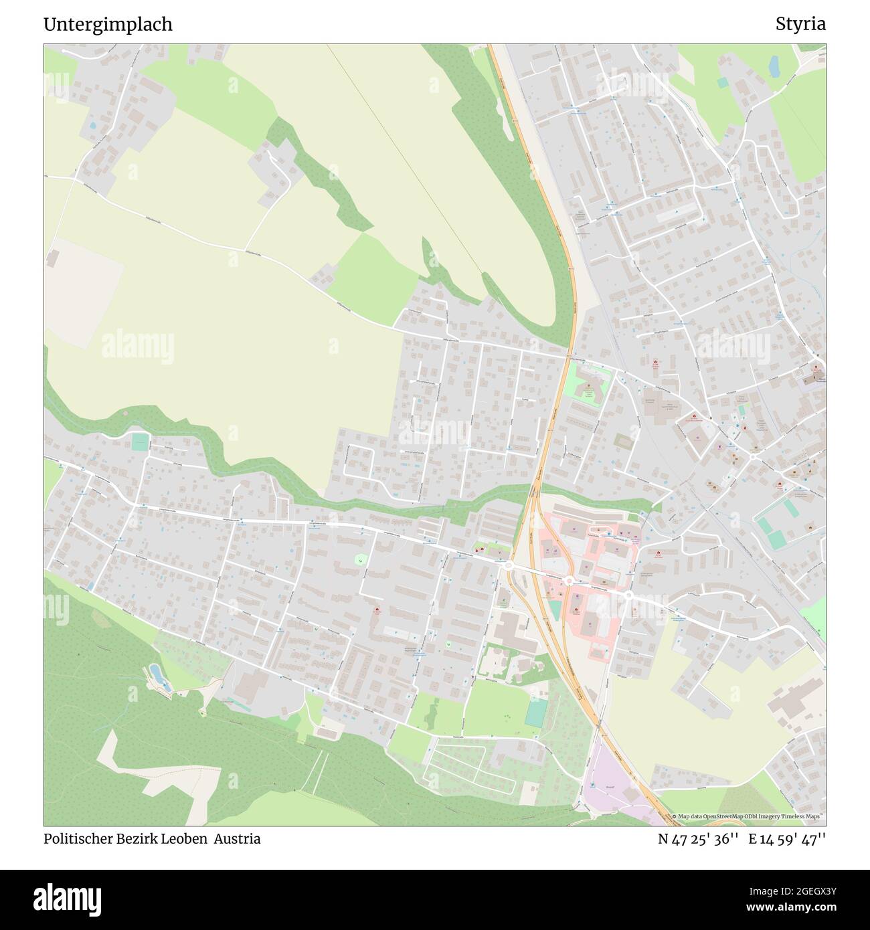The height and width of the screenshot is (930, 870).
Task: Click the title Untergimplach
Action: [108, 24]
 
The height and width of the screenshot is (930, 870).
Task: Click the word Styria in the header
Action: [800, 24]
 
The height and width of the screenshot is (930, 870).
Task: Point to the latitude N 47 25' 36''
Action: [698, 839]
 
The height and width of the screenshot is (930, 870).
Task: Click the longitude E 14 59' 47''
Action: [788, 839]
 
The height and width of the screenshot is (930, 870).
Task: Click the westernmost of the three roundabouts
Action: [508, 566]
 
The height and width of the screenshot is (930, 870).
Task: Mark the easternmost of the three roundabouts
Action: [629, 594]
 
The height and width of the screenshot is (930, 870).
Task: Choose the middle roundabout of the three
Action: [569, 580]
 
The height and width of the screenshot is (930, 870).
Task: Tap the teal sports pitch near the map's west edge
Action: [140, 442]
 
